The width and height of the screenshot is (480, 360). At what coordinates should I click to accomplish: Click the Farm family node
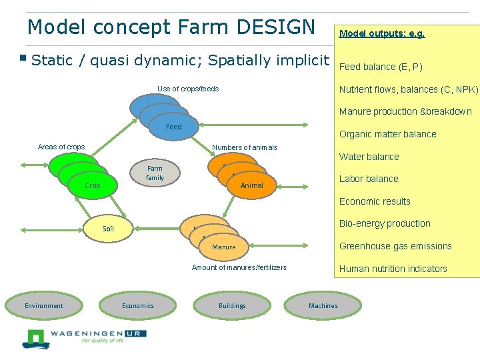pos(155,173)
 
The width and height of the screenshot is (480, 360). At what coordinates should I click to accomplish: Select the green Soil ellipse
pos(108,229)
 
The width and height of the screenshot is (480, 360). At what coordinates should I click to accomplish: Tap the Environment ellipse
pos(44,306)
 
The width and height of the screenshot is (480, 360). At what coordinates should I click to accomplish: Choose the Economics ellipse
pos(138,306)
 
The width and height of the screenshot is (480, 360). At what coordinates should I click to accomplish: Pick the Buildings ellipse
pos(232,306)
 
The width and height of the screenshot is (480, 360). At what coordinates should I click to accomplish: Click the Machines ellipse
pos(323,306)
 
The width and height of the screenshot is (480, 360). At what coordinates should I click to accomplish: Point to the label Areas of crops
pos(61,147)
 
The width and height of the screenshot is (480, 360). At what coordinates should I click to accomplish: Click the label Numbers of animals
pos(245,147)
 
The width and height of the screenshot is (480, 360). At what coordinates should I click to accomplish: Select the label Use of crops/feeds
pos(188,89)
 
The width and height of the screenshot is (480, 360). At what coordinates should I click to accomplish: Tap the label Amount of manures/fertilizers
pos(239,267)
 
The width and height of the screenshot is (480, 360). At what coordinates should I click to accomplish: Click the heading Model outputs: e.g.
pos(382,33)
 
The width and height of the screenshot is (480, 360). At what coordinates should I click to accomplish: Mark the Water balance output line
pos(369,157)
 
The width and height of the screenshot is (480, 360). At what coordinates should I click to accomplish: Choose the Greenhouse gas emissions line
pos(395,246)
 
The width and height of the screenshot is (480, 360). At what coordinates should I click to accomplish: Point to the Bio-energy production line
pos(385,223)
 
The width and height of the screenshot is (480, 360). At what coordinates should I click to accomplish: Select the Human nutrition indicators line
pos(393,269)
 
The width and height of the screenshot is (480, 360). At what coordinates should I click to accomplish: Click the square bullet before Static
pos(23,59)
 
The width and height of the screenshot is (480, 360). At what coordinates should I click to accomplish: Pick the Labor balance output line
pos(369,179)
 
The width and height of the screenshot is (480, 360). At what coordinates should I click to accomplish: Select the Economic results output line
pos(375,201)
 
